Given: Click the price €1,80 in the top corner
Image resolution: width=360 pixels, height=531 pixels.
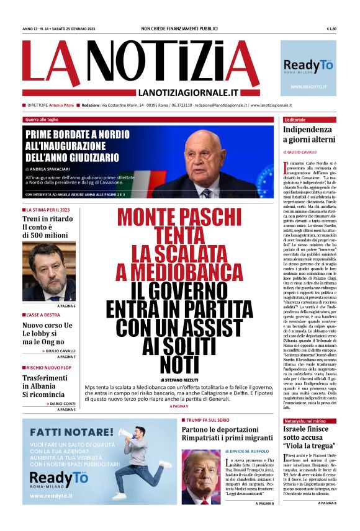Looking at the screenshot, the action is click(331, 29).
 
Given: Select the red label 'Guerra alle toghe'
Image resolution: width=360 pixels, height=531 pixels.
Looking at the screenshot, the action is click(42, 119).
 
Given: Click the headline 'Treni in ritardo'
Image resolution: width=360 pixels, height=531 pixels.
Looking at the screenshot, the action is click(48, 219).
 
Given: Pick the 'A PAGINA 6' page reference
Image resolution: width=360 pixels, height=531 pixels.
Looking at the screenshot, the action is click(66, 306).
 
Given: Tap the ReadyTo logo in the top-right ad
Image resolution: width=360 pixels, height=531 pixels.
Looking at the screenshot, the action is click(308, 65).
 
